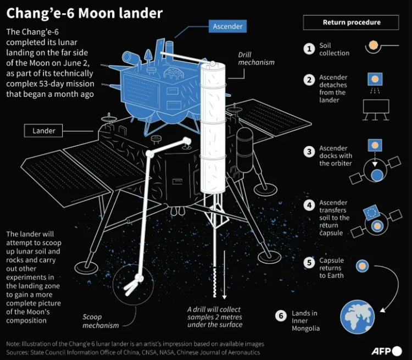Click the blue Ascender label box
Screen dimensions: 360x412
click(227, 26)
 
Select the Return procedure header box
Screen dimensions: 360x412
click(351, 23)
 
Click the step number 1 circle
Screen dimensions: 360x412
click(309, 49)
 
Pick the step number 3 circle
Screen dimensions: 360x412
click(309, 152)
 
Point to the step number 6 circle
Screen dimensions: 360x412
click(281, 316)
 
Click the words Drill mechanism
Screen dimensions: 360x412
click(255, 59)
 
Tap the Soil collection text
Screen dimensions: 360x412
click(334, 49)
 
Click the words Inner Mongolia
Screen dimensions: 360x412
click(305, 324)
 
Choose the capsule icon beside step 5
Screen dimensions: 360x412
click(361, 266)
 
